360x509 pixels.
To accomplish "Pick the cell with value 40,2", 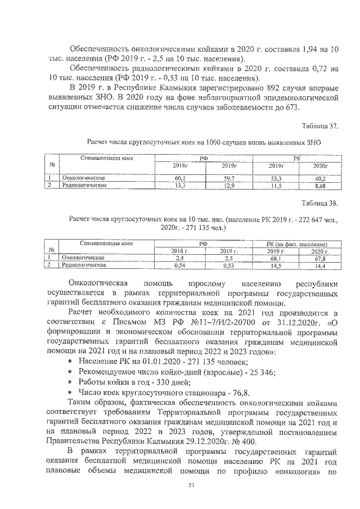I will [320, 178].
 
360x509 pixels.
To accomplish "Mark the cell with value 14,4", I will [321, 264].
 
